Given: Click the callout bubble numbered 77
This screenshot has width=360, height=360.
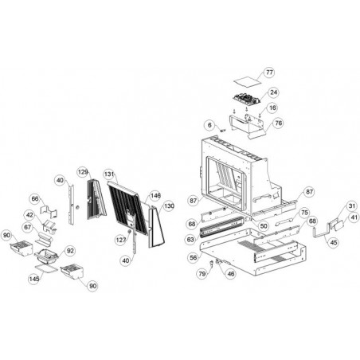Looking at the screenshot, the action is (269, 72).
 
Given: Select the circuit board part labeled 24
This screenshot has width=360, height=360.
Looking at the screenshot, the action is (246, 99).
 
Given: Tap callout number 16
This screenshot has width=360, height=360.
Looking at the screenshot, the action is (272, 108).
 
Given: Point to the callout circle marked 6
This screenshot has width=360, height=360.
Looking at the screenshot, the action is (209, 125).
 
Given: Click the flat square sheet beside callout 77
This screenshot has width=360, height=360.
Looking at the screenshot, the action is (247, 81).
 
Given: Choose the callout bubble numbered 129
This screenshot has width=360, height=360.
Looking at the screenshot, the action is (83, 172).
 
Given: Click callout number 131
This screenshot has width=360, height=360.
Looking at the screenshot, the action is (109, 174).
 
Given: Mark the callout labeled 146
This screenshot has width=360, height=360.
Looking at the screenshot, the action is (155, 196).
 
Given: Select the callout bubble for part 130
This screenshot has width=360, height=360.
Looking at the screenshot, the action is (169, 206).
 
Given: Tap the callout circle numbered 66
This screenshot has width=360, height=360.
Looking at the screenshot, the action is (35, 199).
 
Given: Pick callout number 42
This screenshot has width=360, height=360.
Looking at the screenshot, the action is (29, 215).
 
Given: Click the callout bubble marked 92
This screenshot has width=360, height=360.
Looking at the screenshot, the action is (70, 251).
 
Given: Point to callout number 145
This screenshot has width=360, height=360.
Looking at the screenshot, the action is (34, 279).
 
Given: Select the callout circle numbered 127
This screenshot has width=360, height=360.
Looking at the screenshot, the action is (121, 241).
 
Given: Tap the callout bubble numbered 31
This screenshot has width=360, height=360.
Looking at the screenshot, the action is (352, 206).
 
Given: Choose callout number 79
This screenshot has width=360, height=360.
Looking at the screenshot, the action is (202, 274).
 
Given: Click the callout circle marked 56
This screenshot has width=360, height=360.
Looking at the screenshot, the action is (194, 257).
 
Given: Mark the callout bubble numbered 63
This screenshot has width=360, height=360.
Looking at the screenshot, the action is (190, 240).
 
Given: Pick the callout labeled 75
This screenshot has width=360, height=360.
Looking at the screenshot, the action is (304, 213).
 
